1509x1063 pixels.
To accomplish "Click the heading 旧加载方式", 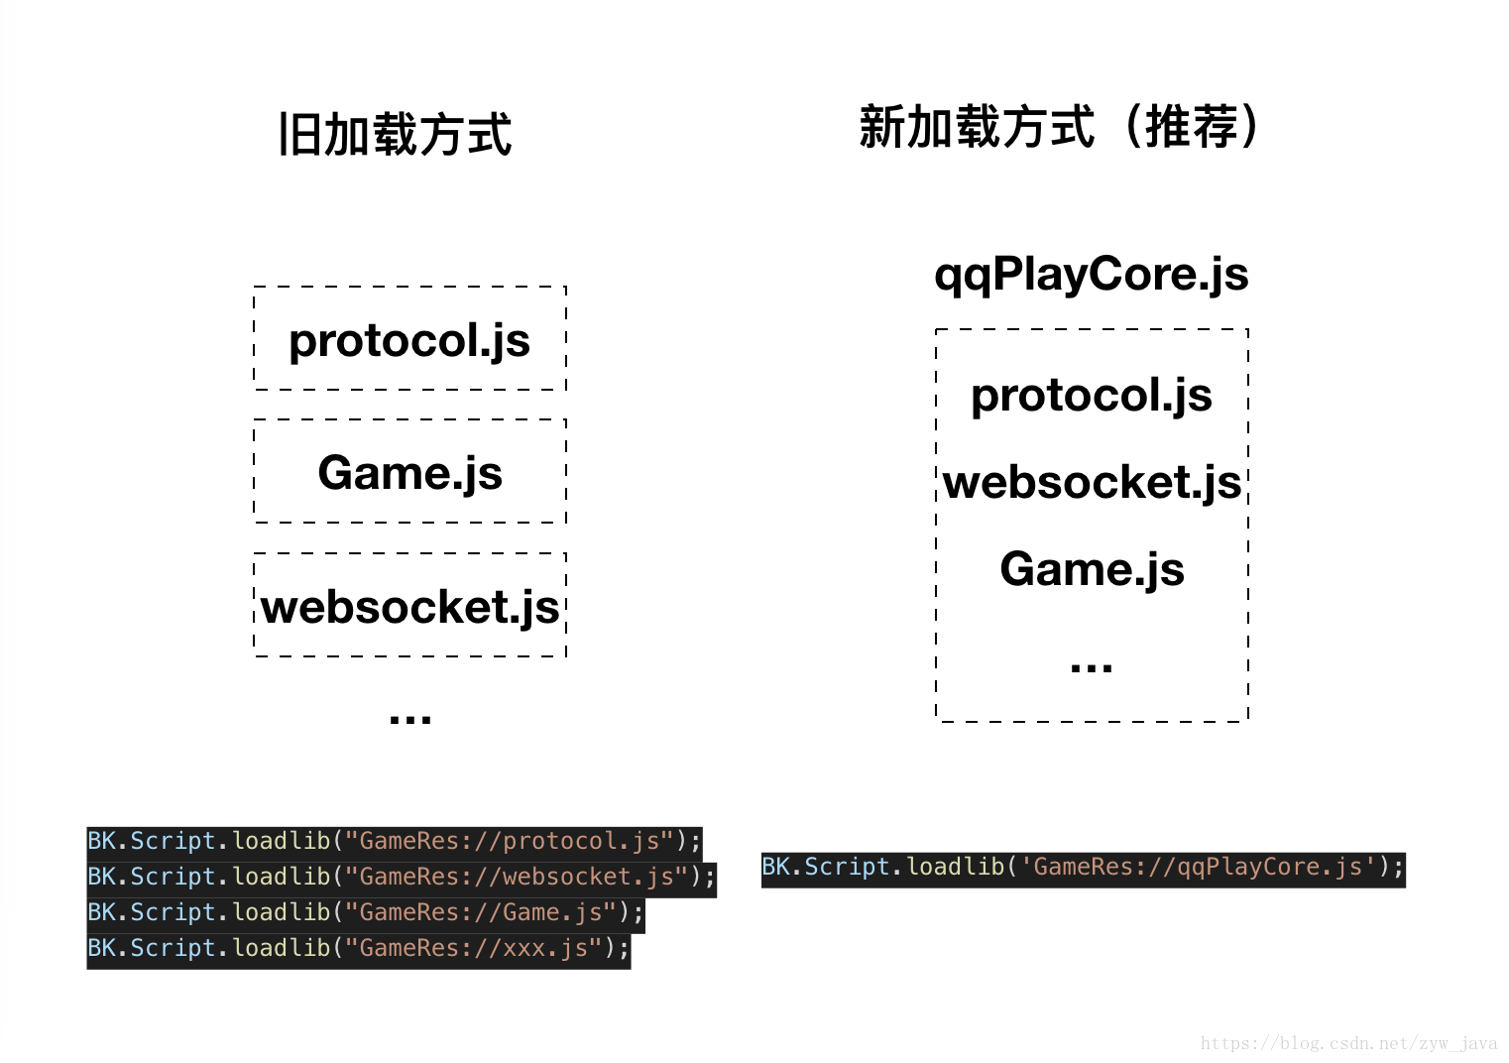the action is (x=395, y=135).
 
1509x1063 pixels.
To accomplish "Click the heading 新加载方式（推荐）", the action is (x=1058, y=127).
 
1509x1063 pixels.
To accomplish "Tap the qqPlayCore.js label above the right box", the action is (x=1091, y=274).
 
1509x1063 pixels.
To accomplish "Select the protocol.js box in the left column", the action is (x=409, y=339).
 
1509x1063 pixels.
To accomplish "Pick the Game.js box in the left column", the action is (x=409, y=472).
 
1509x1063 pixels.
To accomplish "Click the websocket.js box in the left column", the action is (x=409, y=606).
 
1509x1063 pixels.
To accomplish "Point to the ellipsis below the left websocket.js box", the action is (x=409, y=718).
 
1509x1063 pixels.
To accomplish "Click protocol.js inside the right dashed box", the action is (x=1091, y=395).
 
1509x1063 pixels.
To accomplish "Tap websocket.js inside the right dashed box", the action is (x=1092, y=482).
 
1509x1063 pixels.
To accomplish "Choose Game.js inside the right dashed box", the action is (x=1092, y=569).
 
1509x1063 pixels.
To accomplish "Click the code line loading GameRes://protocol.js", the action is (x=394, y=841).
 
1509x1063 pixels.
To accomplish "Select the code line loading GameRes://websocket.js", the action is (x=401, y=877).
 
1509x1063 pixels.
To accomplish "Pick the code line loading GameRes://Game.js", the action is (x=365, y=912).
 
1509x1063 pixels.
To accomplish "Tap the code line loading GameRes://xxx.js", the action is (x=358, y=948).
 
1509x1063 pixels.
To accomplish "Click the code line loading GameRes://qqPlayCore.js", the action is (x=1083, y=868).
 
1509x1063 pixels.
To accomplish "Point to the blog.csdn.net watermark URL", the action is (x=1348, y=1043).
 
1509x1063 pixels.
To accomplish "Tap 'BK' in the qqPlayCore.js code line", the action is (x=775, y=868).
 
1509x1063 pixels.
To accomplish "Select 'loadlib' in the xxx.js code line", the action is (x=281, y=948).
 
